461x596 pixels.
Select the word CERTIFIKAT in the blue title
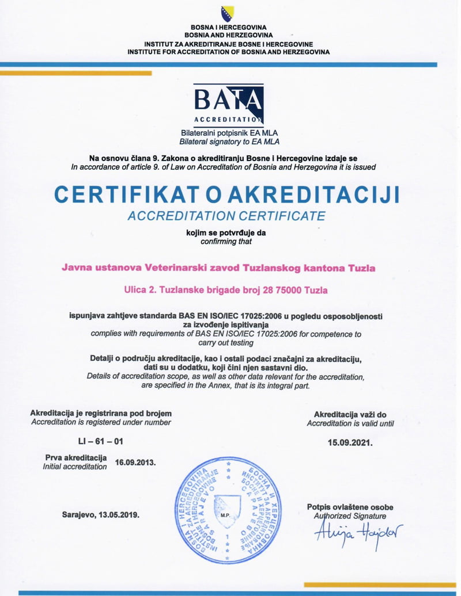click(x=135, y=194)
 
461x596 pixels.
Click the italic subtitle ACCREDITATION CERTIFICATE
click(x=226, y=216)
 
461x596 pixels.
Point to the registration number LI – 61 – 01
click(x=100, y=441)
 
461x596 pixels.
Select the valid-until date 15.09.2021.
click(x=350, y=443)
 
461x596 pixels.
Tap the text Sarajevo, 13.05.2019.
click(x=101, y=515)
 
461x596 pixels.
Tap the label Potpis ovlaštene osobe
click(x=350, y=507)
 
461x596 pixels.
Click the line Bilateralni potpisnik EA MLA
click(x=229, y=133)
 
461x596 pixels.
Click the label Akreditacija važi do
click(x=350, y=414)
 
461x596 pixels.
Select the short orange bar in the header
click(x=75, y=73)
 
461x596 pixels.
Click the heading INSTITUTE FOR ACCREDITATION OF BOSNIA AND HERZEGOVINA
click(x=229, y=52)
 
